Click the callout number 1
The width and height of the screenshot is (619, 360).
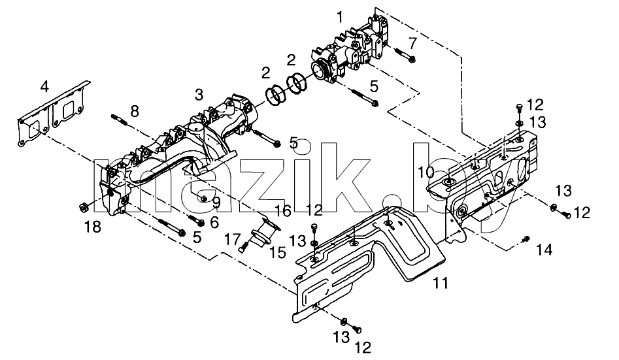tap(340, 18)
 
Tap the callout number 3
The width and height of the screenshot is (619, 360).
tap(199, 95)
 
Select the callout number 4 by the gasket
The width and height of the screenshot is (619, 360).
tap(44, 86)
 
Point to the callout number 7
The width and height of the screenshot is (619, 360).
tap(412, 42)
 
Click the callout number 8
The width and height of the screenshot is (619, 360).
tap(135, 111)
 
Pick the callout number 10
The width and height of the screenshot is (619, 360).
tap(426, 172)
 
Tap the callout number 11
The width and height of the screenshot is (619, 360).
tap(441, 283)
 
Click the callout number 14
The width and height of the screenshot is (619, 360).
tap(544, 250)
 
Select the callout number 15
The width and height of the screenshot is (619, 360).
tap(278, 252)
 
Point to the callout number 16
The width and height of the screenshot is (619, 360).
tap(283, 211)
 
